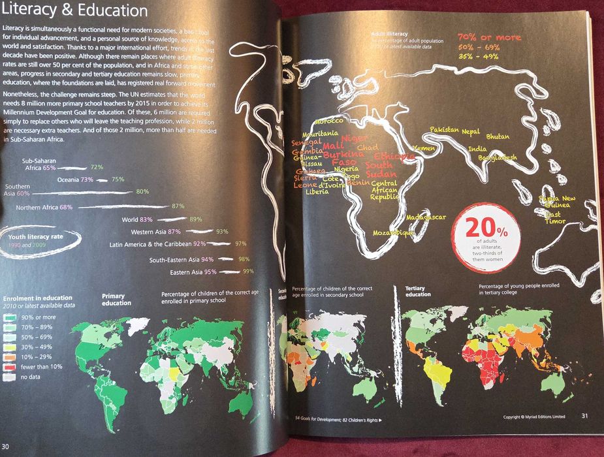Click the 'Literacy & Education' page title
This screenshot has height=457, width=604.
click(75, 12)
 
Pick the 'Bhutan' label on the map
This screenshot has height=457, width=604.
click(498, 136)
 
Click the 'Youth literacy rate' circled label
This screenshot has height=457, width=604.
click(36, 236)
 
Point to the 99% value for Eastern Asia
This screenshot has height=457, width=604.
click(248, 271)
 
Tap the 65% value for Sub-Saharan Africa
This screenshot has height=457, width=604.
click(50, 168)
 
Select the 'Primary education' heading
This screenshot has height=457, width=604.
click(118, 299)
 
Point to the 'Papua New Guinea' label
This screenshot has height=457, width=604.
click(557, 202)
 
